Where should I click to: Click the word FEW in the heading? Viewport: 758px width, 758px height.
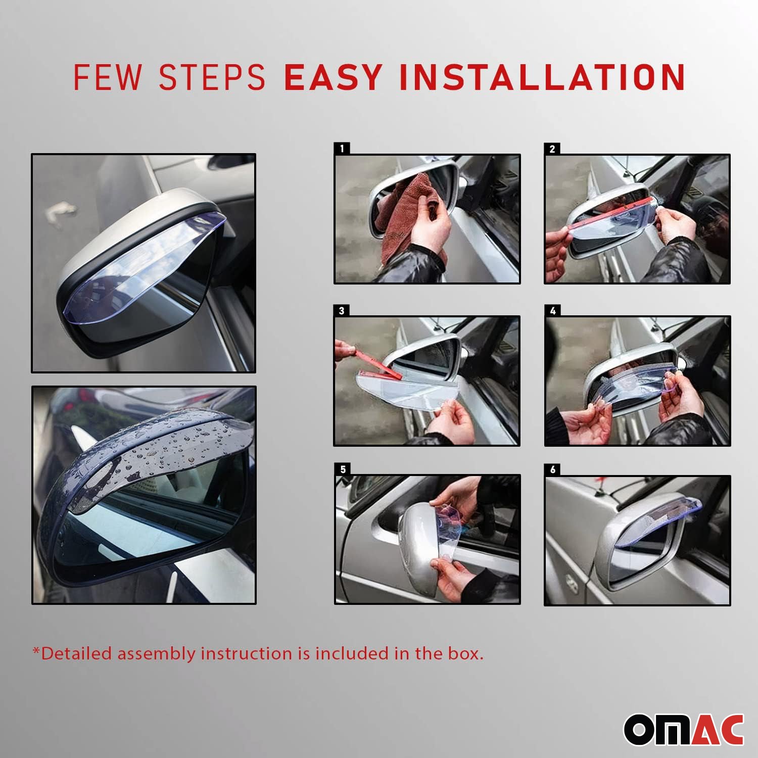coord(107,77)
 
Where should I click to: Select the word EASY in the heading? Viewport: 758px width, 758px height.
coord(333,77)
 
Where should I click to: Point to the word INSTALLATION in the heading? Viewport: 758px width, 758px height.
coord(542,77)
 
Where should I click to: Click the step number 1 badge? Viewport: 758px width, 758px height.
coord(342,149)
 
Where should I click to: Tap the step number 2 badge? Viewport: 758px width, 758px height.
coord(552,149)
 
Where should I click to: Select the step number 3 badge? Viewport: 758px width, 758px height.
coord(342,310)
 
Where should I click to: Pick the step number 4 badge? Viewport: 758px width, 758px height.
coord(552,310)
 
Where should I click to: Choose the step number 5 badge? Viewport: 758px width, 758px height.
coord(343,469)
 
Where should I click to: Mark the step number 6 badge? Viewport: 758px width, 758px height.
coord(552,469)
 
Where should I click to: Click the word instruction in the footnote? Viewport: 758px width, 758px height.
coord(247,653)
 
